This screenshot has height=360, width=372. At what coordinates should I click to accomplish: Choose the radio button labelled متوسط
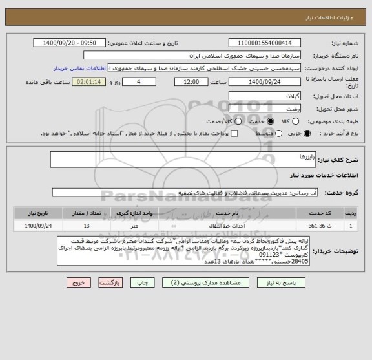pyautogui.click(x=272, y=133)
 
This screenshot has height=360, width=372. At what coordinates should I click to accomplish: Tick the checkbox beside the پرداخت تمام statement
pyautogui.click(x=234, y=133)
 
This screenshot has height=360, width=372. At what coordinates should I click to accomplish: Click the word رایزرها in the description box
pyautogui.click(x=288, y=157)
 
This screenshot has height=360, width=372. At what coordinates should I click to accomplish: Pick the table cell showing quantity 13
pyautogui.click(x=87, y=226)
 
